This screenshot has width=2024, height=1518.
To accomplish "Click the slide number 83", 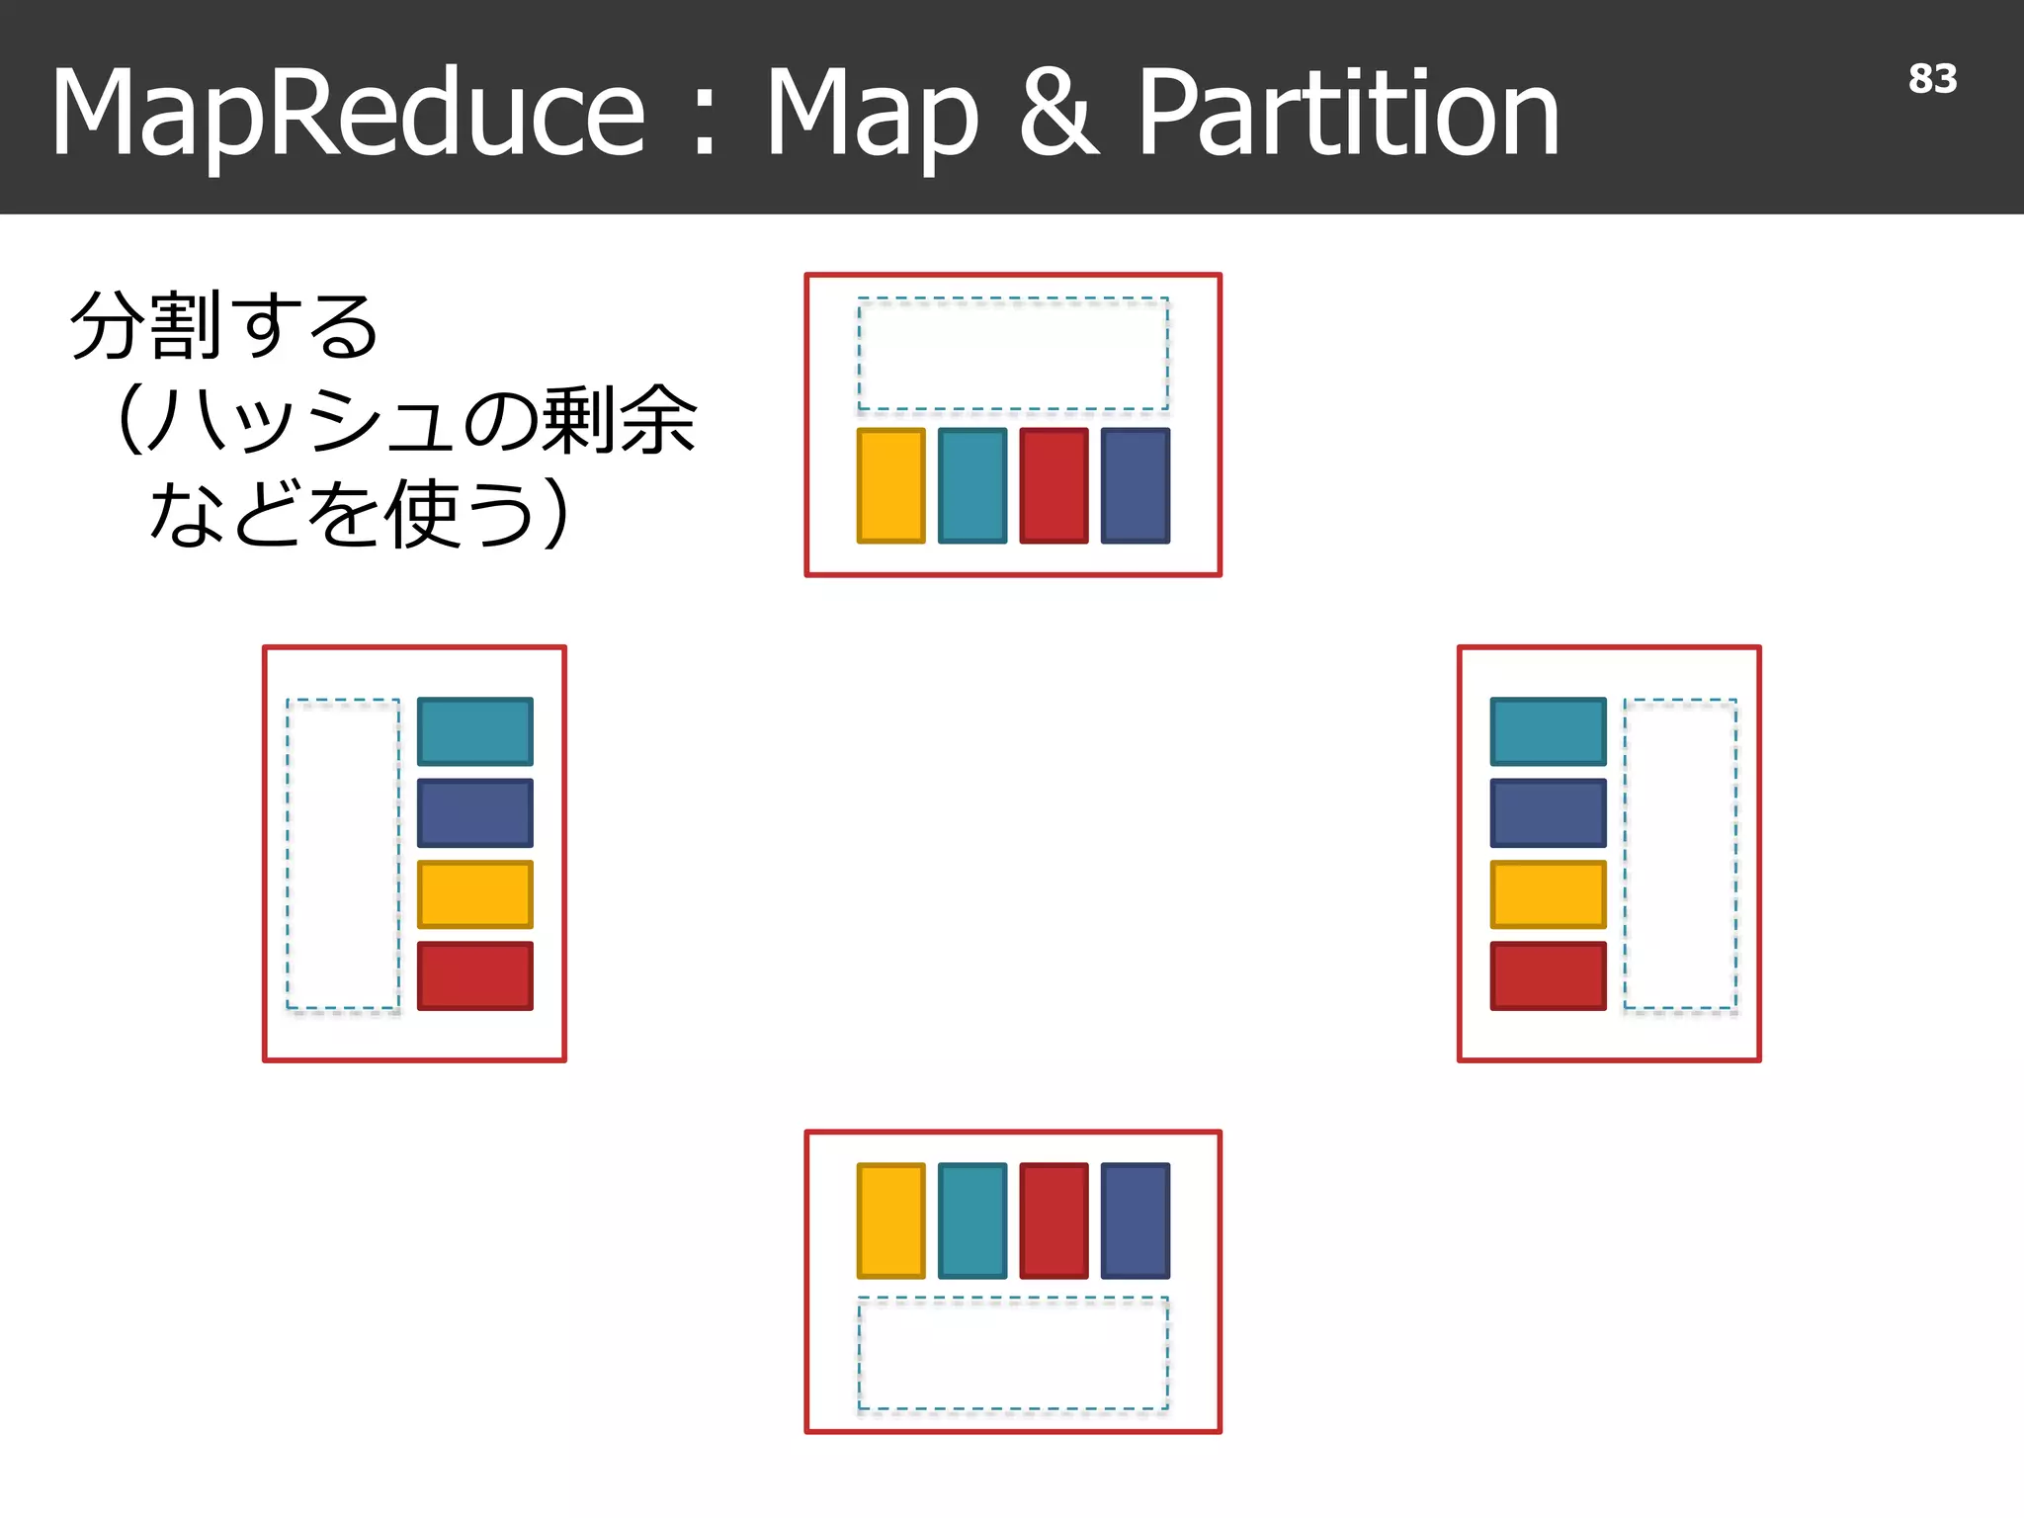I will click(x=1931, y=79).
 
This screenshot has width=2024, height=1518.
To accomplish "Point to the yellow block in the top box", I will click(x=890, y=485).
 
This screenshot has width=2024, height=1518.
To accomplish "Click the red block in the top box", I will click(x=1054, y=485).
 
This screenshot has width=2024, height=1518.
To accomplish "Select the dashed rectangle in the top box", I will click(x=1013, y=354).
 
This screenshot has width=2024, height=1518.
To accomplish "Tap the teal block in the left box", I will click(x=474, y=731).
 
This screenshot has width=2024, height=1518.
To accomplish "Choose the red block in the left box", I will click(x=474, y=975).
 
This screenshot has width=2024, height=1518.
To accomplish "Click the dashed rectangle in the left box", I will click(x=343, y=854).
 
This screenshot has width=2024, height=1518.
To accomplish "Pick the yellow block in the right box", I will click(x=1548, y=894).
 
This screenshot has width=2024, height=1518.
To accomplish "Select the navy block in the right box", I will click(x=1548, y=812).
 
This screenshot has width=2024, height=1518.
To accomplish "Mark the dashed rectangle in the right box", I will click(x=1680, y=854).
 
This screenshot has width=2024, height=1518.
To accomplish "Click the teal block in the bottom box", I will click(x=972, y=1221).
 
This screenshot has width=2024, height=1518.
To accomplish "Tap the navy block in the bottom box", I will click(x=1135, y=1221).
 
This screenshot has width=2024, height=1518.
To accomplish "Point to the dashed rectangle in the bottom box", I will click(x=1013, y=1353).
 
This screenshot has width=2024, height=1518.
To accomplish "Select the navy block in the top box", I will click(x=1135, y=485).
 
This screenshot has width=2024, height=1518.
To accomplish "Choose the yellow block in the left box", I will click(x=474, y=894).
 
